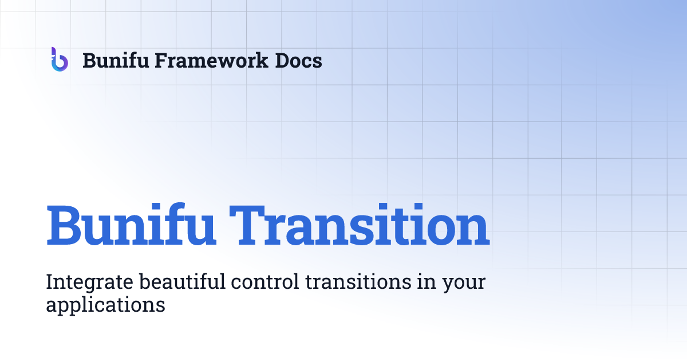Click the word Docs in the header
pyautogui.click(x=299, y=60)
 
